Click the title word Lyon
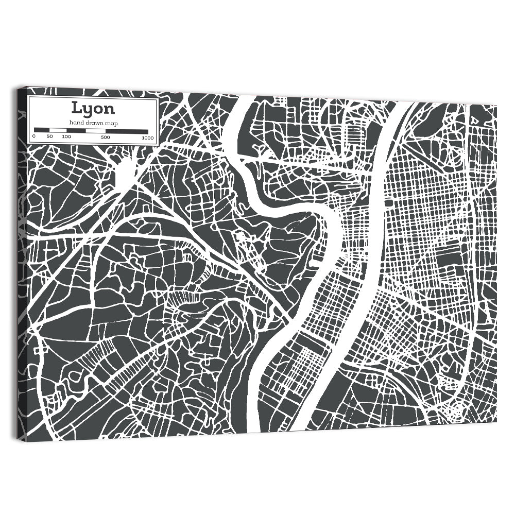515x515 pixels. pos(93,109)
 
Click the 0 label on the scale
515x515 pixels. pos(34,136)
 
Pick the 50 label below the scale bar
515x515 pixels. pos(49,136)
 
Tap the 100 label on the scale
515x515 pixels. pos(66,137)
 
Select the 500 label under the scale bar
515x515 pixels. pos(105,138)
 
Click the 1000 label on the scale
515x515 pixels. pos(148,138)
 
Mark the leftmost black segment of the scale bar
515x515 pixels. pos(41,130)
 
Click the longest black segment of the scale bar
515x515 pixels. pos(127,131)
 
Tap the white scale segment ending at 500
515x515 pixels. pos(95,131)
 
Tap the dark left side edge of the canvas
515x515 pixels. pos(21,257)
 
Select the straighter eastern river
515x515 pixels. pos(371,257)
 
